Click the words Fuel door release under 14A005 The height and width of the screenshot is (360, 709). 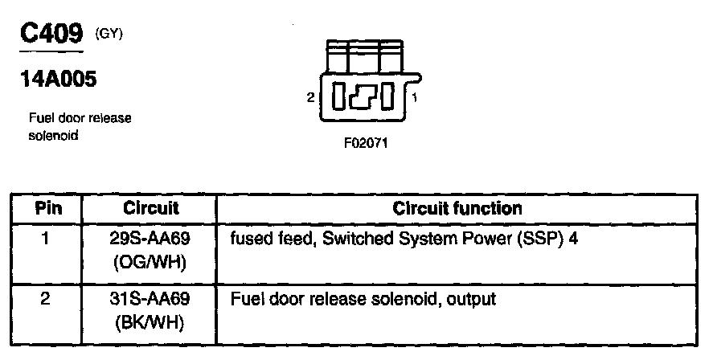80,118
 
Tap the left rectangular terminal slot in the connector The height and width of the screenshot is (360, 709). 339,97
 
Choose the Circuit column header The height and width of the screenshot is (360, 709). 150,208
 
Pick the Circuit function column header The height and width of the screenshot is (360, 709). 457,208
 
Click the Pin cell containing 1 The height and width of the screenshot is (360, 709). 47,238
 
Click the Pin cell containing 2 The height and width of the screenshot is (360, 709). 47,300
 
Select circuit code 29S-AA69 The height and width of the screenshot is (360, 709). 150,238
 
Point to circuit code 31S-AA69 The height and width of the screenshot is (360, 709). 150,300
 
